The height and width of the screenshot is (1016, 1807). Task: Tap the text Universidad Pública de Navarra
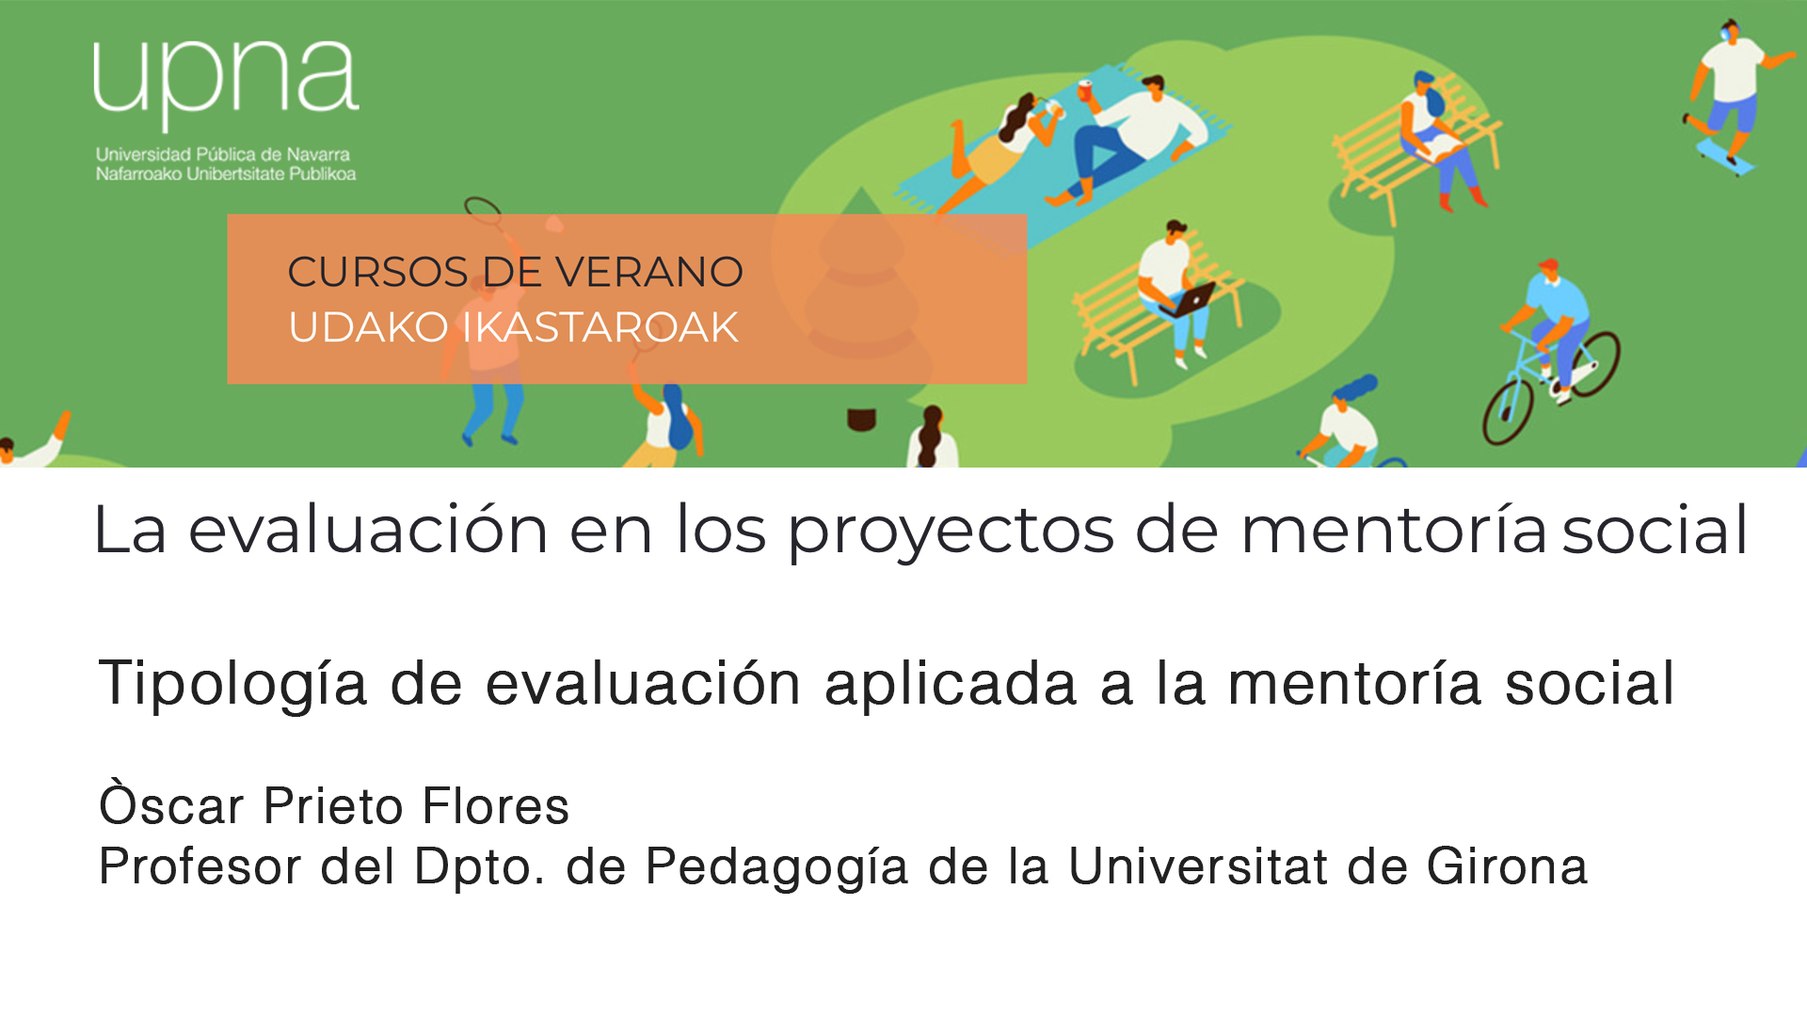click(223, 154)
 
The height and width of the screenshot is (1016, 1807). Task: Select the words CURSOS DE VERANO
click(515, 272)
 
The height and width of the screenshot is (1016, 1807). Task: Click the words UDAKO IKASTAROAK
click(513, 327)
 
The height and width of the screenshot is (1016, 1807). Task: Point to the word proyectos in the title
click(951, 532)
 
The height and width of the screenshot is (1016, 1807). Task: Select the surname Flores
click(495, 806)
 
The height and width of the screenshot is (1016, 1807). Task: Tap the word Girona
click(1507, 865)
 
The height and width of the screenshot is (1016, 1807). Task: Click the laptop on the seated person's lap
click(1188, 300)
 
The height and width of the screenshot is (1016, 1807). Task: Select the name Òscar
click(172, 803)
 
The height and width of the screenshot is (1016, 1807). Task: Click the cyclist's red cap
click(1548, 265)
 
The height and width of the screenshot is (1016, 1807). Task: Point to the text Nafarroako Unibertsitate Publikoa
click(226, 174)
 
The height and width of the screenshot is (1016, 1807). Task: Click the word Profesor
click(200, 865)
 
